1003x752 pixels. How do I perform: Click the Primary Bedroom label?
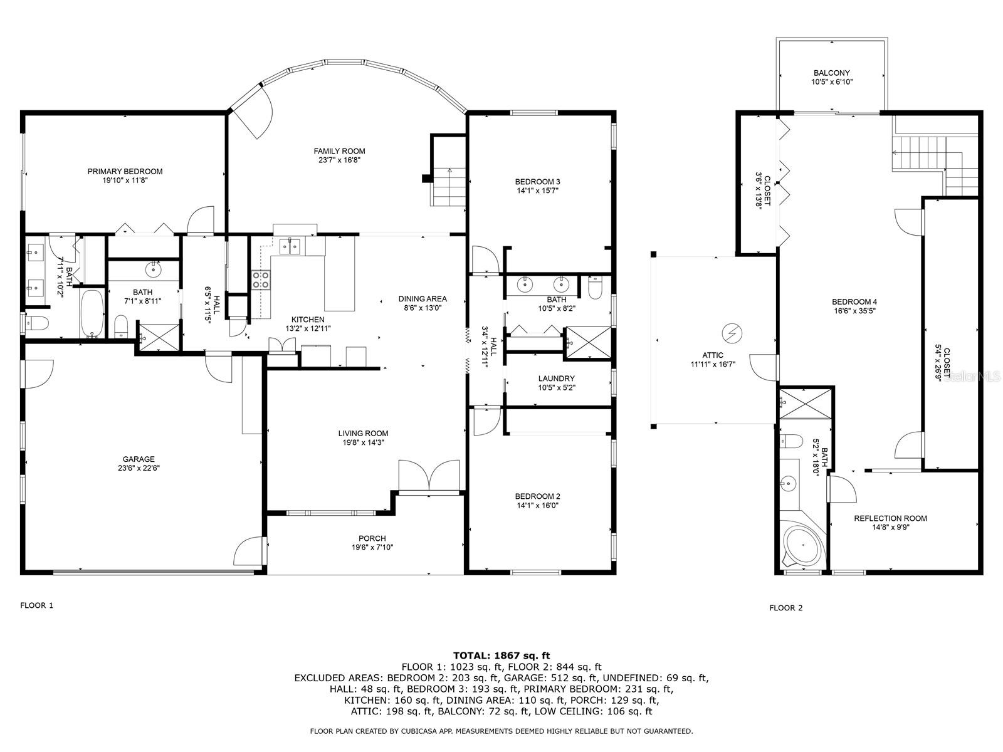pyautogui.click(x=125, y=172)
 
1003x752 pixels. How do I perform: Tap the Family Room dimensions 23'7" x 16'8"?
pyautogui.click(x=340, y=160)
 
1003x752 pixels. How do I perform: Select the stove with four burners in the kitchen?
pyautogui.click(x=261, y=279)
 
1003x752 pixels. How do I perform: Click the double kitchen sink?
pyautogui.click(x=291, y=246)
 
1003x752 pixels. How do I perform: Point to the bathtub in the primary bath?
pyautogui.click(x=92, y=314)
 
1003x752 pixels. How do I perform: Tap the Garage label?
pyautogui.click(x=139, y=459)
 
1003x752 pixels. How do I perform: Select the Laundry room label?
pyautogui.click(x=556, y=379)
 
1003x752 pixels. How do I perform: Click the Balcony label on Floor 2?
pyautogui.click(x=832, y=73)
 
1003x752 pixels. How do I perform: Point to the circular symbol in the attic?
pyautogui.click(x=732, y=333)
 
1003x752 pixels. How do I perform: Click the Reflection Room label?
pyautogui.click(x=890, y=518)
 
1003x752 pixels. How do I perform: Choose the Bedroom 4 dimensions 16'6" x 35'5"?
pyautogui.click(x=854, y=311)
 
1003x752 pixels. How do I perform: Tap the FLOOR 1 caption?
pyautogui.click(x=37, y=605)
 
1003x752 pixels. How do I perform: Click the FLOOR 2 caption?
pyautogui.click(x=786, y=608)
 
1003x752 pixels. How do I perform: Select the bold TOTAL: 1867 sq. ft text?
pyautogui.click(x=501, y=655)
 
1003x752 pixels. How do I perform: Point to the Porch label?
pyautogui.click(x=372, y=538)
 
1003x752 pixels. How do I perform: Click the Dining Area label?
pyautogui.click(x=423, y=299)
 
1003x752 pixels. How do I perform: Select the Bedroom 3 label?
pyautogui.click(x=537, y=182)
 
